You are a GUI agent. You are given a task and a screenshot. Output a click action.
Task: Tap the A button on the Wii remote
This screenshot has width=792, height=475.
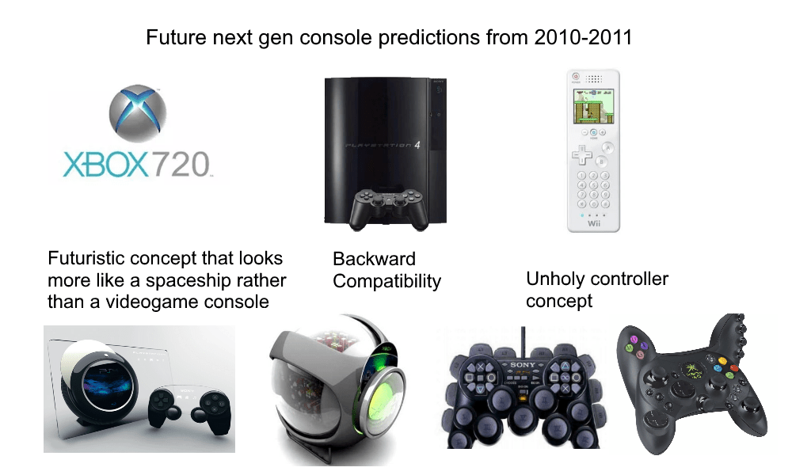(607, 148)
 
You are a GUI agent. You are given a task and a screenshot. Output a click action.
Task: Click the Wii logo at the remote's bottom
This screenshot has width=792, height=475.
(593, 222)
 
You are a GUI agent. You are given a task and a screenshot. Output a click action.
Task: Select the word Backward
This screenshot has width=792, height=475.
(374, 259)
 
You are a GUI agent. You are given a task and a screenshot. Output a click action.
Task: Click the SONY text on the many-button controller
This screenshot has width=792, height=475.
(524, 363)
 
